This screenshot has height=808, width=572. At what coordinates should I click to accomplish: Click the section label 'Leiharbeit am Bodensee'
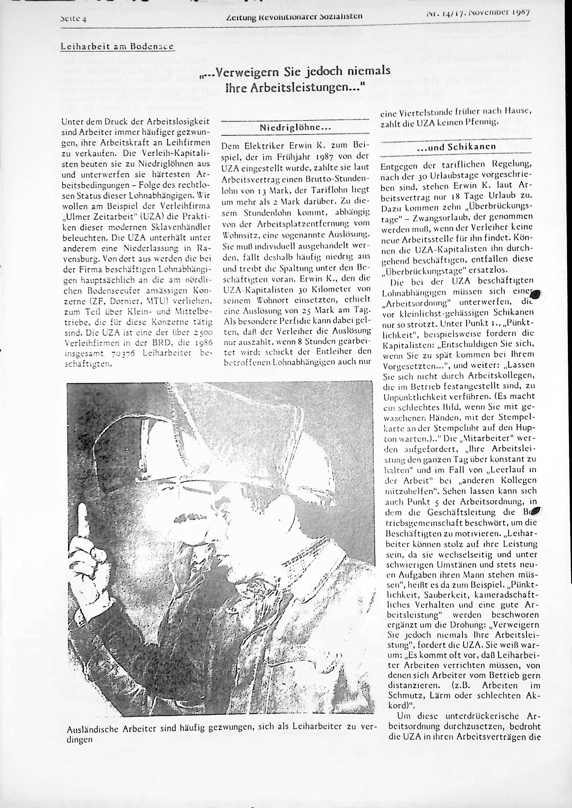tap(118, 46)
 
